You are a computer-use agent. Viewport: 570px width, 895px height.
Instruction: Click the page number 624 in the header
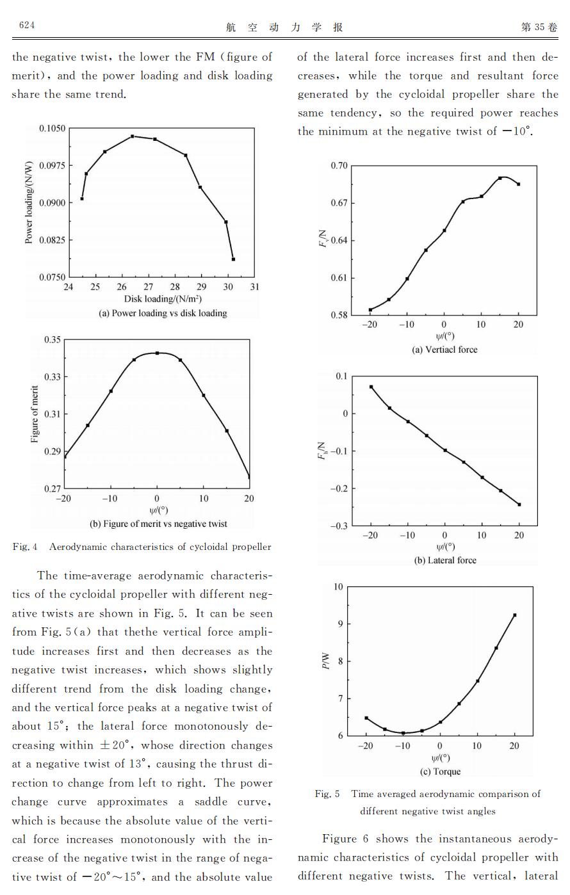coord(27,26)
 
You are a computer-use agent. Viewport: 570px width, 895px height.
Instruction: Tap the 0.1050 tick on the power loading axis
coord(53,128)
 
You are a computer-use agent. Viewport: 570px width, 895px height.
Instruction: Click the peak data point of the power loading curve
coord(133,136)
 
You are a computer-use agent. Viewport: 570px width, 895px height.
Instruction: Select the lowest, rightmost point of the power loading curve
coord(233,259)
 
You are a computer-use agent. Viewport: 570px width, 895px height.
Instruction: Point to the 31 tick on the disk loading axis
coord(254,287)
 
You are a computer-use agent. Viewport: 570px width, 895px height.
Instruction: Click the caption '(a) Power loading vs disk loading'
coord(163,313)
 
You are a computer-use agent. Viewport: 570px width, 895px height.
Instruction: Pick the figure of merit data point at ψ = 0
coord(157,353)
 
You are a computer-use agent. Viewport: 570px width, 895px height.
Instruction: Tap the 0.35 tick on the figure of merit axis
coord(53,340)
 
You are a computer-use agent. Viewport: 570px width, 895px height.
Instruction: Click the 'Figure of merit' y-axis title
coord(35,414)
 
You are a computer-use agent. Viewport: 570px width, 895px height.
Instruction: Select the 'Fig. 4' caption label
coord(25,547)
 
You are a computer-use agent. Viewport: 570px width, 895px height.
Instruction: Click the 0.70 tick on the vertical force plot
coord(339,166)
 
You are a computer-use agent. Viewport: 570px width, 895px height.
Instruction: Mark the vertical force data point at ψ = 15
coord(500,178)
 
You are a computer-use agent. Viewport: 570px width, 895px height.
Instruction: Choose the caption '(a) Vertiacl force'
coord(444,350)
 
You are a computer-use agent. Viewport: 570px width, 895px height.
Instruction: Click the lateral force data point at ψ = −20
coord(371,387)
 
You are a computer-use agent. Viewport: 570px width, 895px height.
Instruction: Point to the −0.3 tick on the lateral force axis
coord(339,526)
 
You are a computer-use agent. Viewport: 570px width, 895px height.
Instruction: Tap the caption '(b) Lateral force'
coord(445,560)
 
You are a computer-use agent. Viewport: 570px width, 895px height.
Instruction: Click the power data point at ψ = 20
coord(514,615)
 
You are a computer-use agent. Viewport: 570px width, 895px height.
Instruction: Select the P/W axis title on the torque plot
coord(326,661)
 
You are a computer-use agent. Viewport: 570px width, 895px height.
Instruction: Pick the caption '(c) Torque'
coord(440,771)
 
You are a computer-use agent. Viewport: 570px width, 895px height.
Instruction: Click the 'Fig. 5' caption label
coord(327,794)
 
